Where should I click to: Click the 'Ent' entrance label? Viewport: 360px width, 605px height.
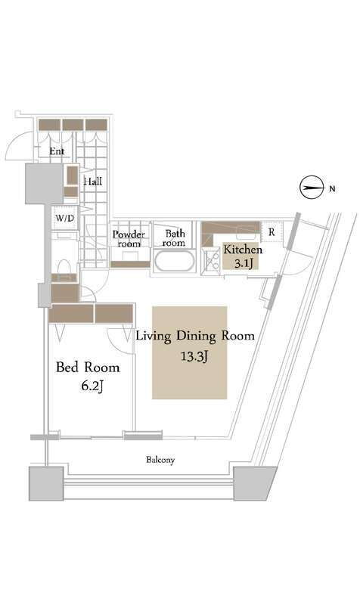57,151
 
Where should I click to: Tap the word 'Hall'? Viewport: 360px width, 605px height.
93,181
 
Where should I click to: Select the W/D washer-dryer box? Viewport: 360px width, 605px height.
65,219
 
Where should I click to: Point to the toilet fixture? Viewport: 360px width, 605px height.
64,266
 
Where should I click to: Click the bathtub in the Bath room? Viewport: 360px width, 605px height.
174,261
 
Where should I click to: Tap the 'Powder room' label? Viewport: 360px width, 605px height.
129,239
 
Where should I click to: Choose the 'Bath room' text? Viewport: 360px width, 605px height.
174,238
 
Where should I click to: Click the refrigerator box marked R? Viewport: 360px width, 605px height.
272,232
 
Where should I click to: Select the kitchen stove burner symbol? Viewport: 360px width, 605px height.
212,261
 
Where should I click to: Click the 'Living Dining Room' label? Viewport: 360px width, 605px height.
195,336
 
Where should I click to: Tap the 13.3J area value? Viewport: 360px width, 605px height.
195,356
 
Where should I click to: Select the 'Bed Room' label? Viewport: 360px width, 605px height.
88,367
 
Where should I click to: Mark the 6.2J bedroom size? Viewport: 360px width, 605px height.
92,386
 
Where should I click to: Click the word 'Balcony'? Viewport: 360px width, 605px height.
160,460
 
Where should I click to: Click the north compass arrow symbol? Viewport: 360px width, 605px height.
312,188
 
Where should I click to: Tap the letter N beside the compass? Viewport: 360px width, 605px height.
332,188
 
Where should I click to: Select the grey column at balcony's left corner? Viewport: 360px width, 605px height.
46,483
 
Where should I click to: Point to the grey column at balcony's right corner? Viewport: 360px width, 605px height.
253,483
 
